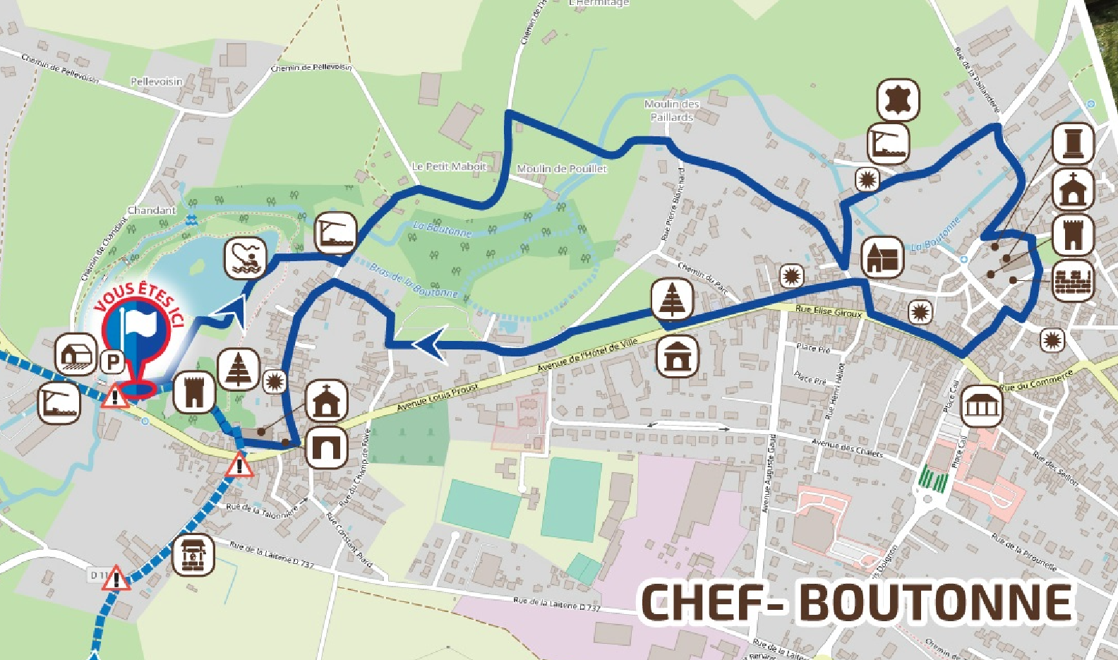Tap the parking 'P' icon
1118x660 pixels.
(x=112, y=362)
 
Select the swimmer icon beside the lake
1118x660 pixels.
(x=246, y=257)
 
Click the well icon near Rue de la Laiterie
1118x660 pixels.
(x=193, y=555)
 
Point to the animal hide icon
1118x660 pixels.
(x=898, y=100)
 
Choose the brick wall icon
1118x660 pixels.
(x=1073, y=281)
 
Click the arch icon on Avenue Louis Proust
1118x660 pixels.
(x=327, y=446)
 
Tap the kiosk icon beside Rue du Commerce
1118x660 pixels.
(x=982, y=406)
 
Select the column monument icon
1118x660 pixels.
(x=1073, y=143)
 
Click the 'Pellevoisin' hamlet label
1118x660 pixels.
(x=157, y=82)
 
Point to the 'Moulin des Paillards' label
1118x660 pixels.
(x=672, y=110)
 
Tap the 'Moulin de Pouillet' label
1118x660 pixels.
(x=562, y=169)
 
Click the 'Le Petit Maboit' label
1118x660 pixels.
(x=450, y=167)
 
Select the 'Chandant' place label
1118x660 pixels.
(x=152, y=210)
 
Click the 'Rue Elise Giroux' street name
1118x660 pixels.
(x=829, y=311)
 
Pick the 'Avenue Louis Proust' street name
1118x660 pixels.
(x=437, y=397)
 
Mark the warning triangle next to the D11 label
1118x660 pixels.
(x=116, y=579)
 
